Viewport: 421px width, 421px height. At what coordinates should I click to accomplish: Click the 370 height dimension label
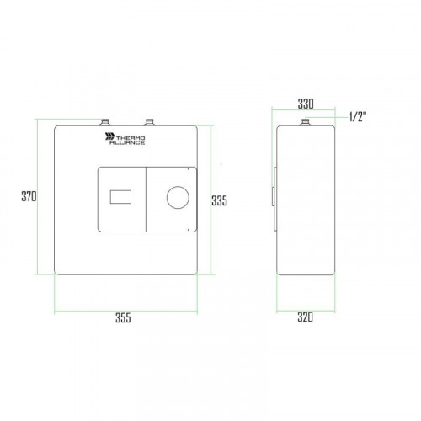point(29,196)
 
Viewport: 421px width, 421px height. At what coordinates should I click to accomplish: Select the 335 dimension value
point(219,200)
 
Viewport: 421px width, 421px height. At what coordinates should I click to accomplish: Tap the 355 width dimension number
point(123,317)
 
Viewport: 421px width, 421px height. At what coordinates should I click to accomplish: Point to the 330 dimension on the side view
point(306,104)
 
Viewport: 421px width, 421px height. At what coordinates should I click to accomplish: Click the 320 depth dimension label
point(305,317)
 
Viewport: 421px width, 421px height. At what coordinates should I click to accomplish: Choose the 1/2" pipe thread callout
point(358,116)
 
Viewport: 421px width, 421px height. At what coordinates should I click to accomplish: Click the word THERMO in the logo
point(131,138)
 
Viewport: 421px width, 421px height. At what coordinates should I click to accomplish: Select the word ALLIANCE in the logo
point(127,142)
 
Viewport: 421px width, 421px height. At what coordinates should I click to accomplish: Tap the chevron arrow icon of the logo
point(109,136)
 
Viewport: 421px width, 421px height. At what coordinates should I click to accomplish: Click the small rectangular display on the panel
point(120,197)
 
